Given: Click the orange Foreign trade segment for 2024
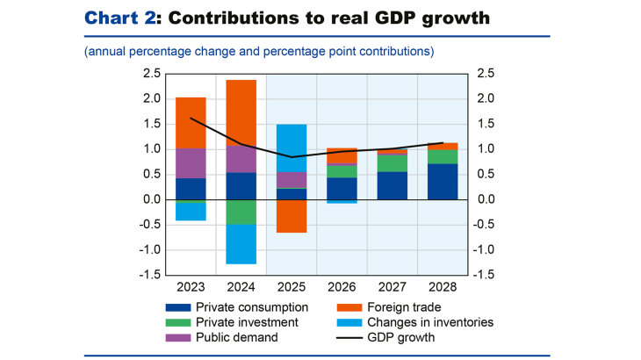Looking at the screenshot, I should [x=241, y=112].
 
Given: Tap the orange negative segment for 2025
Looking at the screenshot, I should [x=292, y=216].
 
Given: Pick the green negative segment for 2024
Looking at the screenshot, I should [x=241, y=212].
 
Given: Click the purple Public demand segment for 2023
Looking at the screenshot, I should [x=191, y=163].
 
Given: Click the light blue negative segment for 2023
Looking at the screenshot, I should [x=191, y=212].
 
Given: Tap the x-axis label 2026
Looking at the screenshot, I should [x=342, y=285].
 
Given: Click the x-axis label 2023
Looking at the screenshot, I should [x=191, y=285].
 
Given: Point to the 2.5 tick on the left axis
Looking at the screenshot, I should [x=151, y=73].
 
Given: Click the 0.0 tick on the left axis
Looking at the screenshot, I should [x=151, y=199].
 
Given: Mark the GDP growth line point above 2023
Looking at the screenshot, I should [x=191, y=118].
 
